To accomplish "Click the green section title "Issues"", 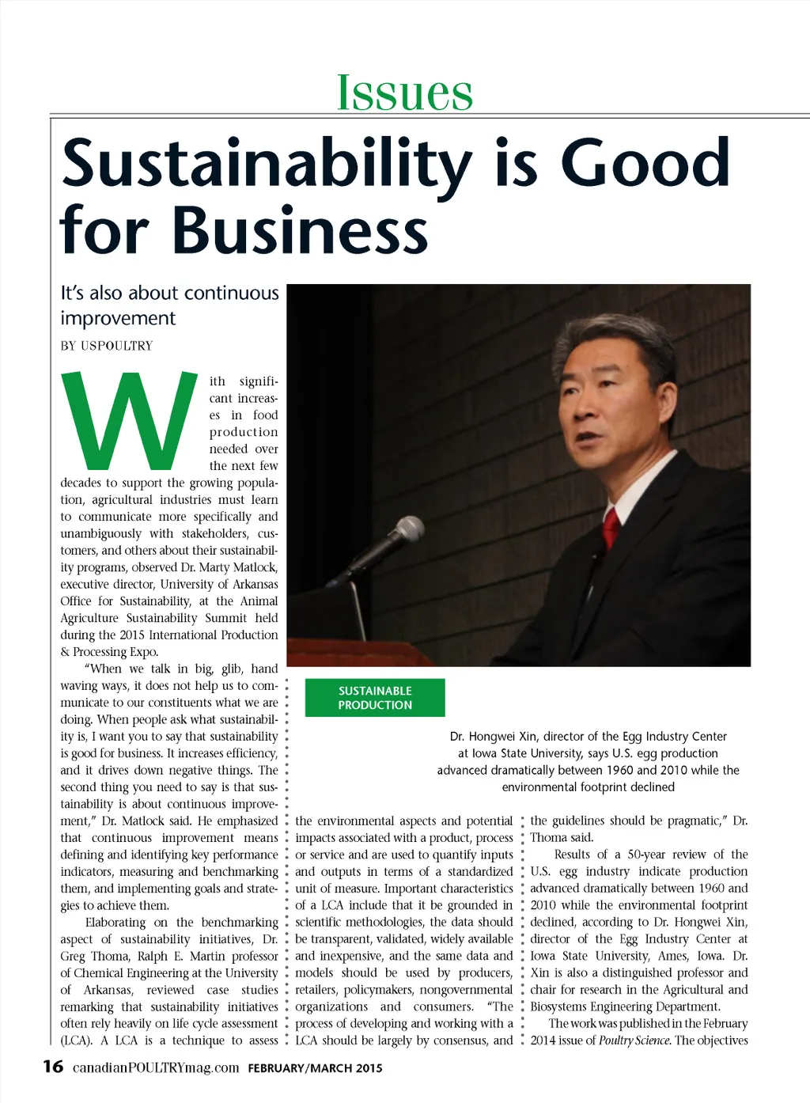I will point(404,93).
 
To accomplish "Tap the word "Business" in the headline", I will point(300,230).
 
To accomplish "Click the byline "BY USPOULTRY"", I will point(107,346).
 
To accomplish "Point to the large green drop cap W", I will point(131,420).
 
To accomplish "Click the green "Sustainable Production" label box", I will point(375,698).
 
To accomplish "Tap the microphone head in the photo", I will point(408,529).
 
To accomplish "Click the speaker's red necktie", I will point(611,526).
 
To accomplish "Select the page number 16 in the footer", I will point(53,1066).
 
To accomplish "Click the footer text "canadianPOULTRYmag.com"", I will point(156,1067).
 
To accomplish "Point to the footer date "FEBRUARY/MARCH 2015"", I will point(315,1068).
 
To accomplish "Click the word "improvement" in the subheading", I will point(118,318).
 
